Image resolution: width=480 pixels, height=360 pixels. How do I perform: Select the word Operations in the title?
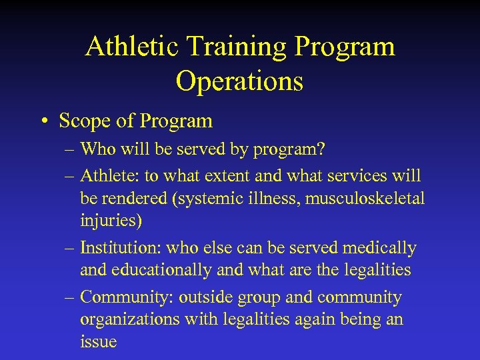239,81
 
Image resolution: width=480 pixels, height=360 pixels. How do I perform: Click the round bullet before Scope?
44,121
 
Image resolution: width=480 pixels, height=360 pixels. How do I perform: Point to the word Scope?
83,121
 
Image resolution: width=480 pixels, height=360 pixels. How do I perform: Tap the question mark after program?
321,150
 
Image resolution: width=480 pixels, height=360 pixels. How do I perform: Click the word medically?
379,247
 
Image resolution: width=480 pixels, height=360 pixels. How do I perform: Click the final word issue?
98,342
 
